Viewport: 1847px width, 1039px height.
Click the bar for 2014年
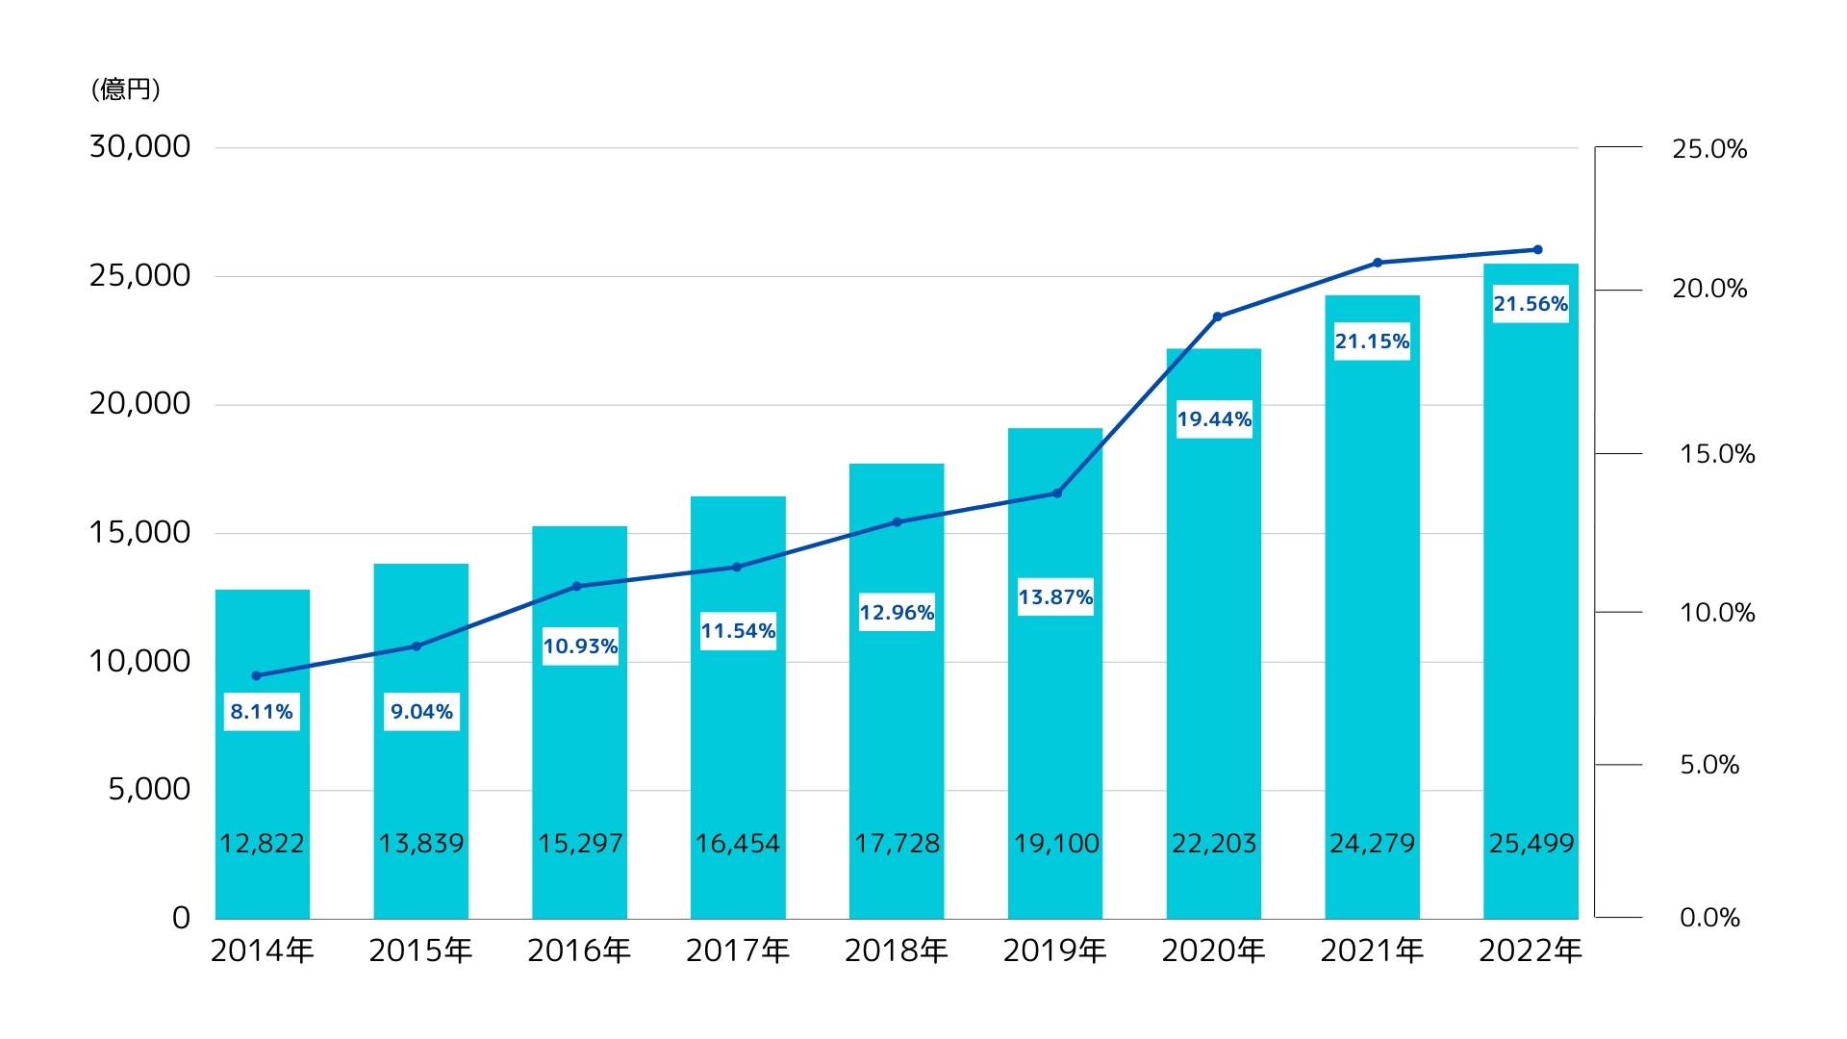pyautogui.click(x=262, y=770)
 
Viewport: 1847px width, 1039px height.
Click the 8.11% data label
pyautogui.click(x=262, y=712)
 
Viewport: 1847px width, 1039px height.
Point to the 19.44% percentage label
pyautogui.click(x=1214, y=419)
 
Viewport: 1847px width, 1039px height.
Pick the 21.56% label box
pyautogui.click(x=1531, y=304)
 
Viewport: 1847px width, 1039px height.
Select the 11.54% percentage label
pyautogui.click(x=738, y=631)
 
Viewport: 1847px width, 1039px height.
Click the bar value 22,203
pyautogui.click(x=1214, y=844)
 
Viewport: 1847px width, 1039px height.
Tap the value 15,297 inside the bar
pyautogui.click(x=580, y=844)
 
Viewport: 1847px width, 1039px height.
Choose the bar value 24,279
pyautogui.click(x=1373, y=844)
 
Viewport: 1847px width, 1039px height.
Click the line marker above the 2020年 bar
pyautogui.click(x=1217, y=317)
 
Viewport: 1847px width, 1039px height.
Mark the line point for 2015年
pyautogui.click(x=417, y=646)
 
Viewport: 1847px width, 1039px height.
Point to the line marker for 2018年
pyautogui.click(x=897, y=522)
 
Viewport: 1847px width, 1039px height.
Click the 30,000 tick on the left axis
pyautogui.click(x=140, y=146)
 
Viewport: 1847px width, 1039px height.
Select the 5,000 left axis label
pyautogui.click(x=149, y=789)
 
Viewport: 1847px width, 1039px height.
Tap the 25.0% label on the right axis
pyautogui.click(x=1709, y=149)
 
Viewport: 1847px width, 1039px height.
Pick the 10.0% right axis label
pyautogui.click(x=1717, y=613)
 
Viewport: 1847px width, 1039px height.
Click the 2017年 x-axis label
pyautogui.click(x=738, y=950)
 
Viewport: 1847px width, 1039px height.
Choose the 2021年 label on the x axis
pyautogui.click(x=1372, y=950)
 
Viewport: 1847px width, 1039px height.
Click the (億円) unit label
pyautogui.click(x=126, y=89)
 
